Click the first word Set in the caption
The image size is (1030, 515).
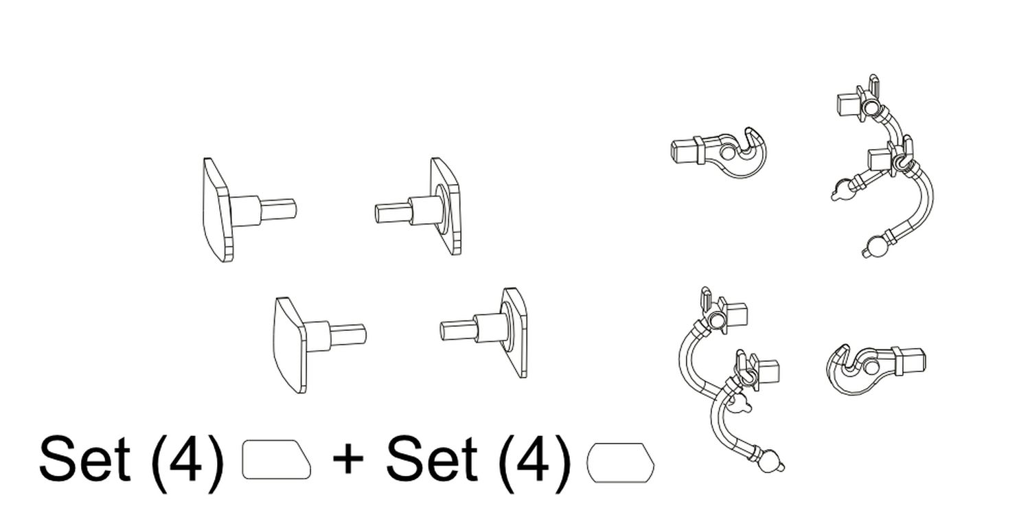tap(85, 459)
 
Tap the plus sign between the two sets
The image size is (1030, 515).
tap(348, 459)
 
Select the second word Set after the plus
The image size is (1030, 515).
tap(431, 459)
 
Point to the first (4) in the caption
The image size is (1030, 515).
tap(187, 462)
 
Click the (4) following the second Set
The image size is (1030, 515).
tap(534, 462)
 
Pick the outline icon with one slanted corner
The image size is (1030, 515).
tap(276, 460)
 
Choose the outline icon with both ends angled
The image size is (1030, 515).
tap(621, 463)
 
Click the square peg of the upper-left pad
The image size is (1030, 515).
tap(279, 209)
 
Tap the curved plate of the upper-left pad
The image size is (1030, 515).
tap(218, 209)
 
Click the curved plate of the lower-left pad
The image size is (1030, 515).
tap(290, 345)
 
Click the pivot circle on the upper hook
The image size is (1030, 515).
tap(727, 152)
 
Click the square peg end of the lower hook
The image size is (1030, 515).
tap(915, 360)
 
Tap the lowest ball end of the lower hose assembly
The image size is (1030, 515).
tap(770, 461)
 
